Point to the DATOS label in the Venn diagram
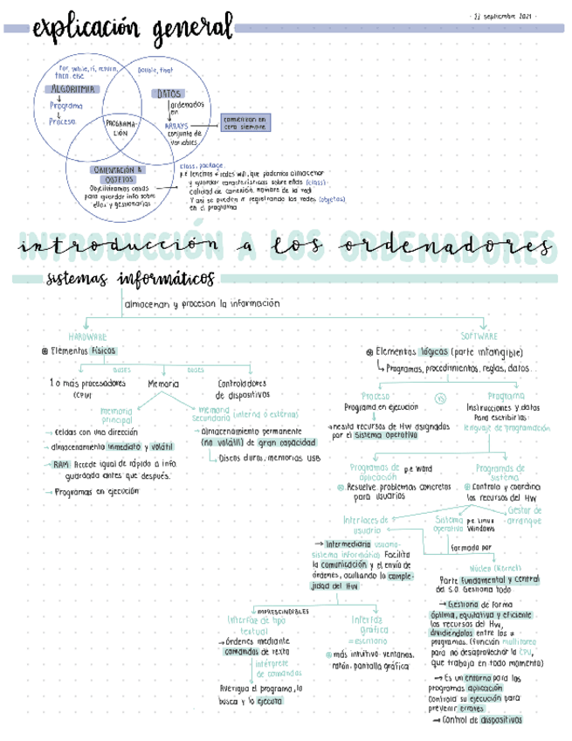(x=169, y=93)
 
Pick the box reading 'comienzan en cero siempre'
(x=245, y=122)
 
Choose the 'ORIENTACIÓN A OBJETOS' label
(x=120, y=174)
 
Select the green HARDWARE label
(x=87, y=336)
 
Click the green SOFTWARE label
(x=478, y=336)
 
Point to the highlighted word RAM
(x=60, y=464)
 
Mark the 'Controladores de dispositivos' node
(x=242, y=388)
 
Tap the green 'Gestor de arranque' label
(x=524, y=515)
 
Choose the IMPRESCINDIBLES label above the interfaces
(x=282, y=610)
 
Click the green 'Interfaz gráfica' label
(x=368, y=624)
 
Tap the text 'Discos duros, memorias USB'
(x=269, y=457)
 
